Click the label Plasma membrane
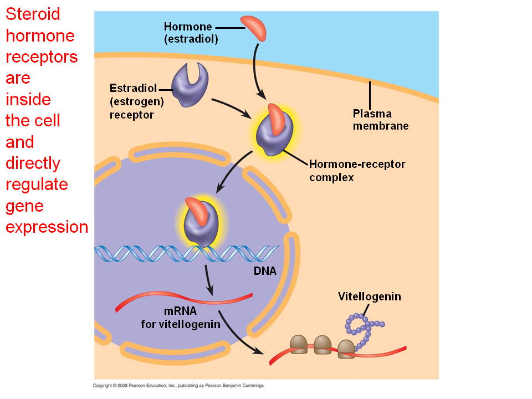(x=380, y=120)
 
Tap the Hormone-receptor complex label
(x=357, y=171)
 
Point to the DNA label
(x=265, y=271)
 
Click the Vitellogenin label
(x=369, y=296)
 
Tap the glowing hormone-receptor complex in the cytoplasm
(x=273, y=129)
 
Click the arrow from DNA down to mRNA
(x=208, y=280)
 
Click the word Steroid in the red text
(x=33, y=14)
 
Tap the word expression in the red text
(x=47, y=227)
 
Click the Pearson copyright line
(x=179, y=385)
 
